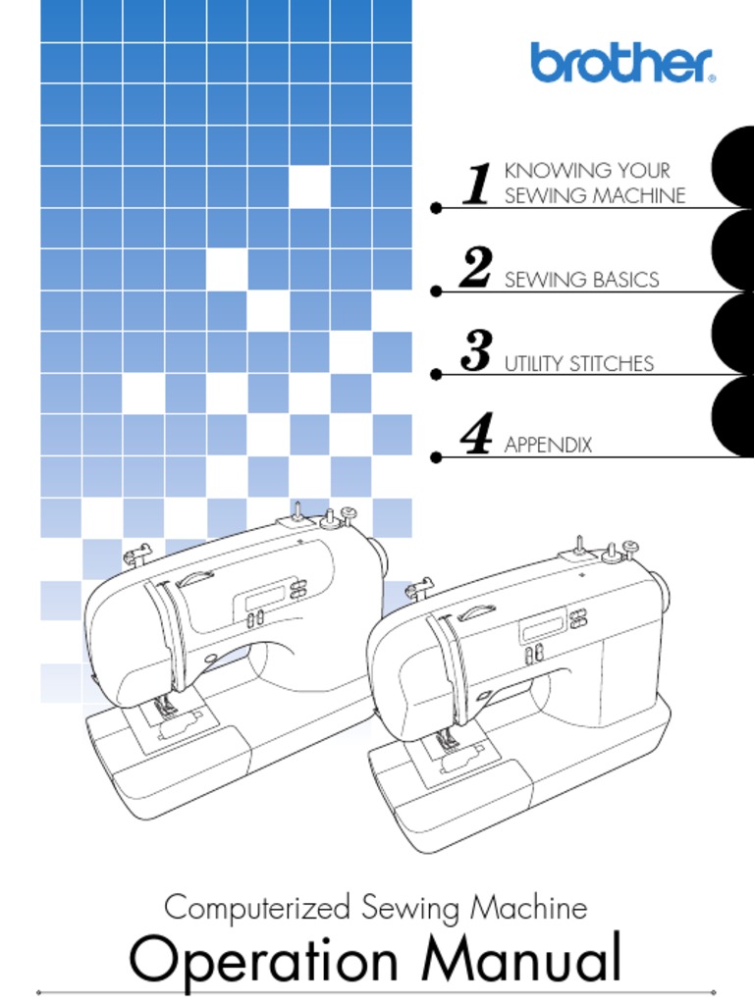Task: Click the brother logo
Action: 622,63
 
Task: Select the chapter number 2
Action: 476,269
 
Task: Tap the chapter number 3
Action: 476,352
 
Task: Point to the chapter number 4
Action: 476,436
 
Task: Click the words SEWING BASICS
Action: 581,280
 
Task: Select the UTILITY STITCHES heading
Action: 578,364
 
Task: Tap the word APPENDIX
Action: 548,446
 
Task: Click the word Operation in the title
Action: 264,962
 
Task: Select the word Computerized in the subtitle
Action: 256,907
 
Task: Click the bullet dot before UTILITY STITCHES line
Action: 436,374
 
